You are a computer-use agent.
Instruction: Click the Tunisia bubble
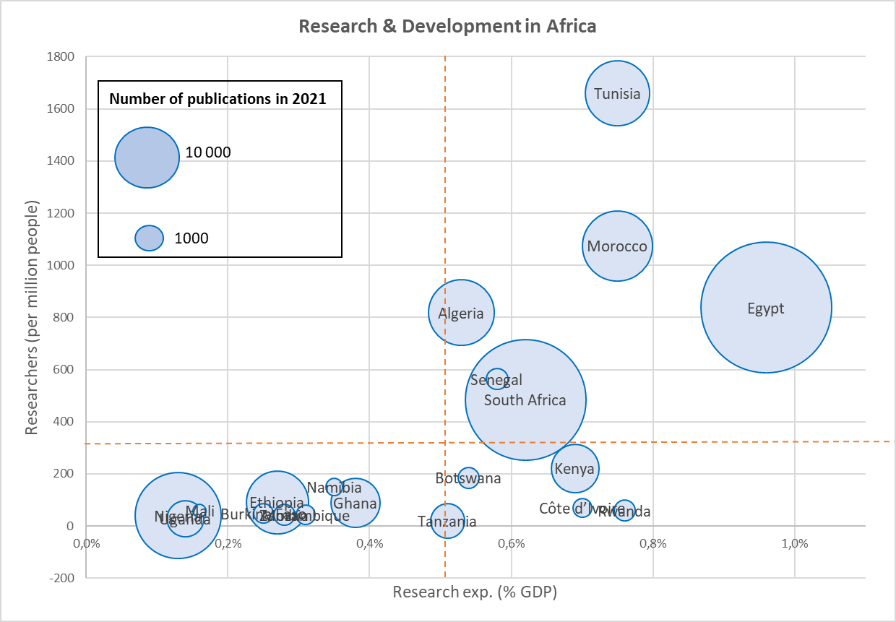coord(617,93)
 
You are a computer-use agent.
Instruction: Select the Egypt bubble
coord(766,308)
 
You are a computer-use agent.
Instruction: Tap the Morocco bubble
coord(616,246)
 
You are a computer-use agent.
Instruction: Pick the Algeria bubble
coord(461,312)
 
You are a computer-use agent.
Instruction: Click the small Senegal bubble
coord(496,379)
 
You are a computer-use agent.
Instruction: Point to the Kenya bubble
coord(575,469)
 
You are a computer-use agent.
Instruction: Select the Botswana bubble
coord(468,478)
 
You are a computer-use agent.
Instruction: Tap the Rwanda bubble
coord(624,511)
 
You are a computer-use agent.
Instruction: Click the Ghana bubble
coord(355,503)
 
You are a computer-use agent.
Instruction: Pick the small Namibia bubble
coord(334,487)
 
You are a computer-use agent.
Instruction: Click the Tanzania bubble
coord(447,521)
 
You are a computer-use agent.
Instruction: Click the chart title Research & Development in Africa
coord(447,26)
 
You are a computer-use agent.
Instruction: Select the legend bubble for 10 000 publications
coord(147,157)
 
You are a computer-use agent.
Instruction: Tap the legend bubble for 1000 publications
coord(149,238)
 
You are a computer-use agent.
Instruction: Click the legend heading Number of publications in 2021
coord(217,99)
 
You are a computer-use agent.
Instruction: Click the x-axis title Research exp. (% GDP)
coord(475,592)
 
